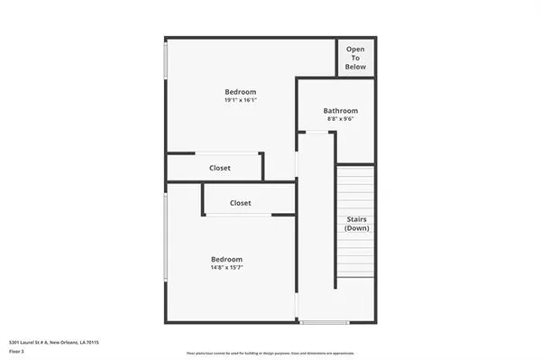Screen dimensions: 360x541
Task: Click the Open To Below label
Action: click(355, 56)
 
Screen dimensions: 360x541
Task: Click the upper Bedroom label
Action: click(241, 92)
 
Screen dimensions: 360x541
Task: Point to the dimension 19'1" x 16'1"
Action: click(241, 101)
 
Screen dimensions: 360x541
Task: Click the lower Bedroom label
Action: click(226, 258)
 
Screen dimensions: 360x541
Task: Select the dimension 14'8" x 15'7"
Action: click(227, 267)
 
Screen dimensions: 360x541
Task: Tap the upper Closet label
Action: click(219, 168)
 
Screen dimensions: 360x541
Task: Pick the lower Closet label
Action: click(240, 203)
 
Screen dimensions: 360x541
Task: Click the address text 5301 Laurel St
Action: click(53, 343)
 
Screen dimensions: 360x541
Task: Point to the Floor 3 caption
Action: click(16, 352)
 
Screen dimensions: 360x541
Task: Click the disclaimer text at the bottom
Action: click(270, 353)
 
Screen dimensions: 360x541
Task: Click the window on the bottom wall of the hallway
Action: click(324, 322)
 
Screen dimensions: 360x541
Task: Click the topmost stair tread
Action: click(355, 170)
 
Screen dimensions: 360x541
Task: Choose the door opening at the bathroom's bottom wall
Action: click(316, 133)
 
